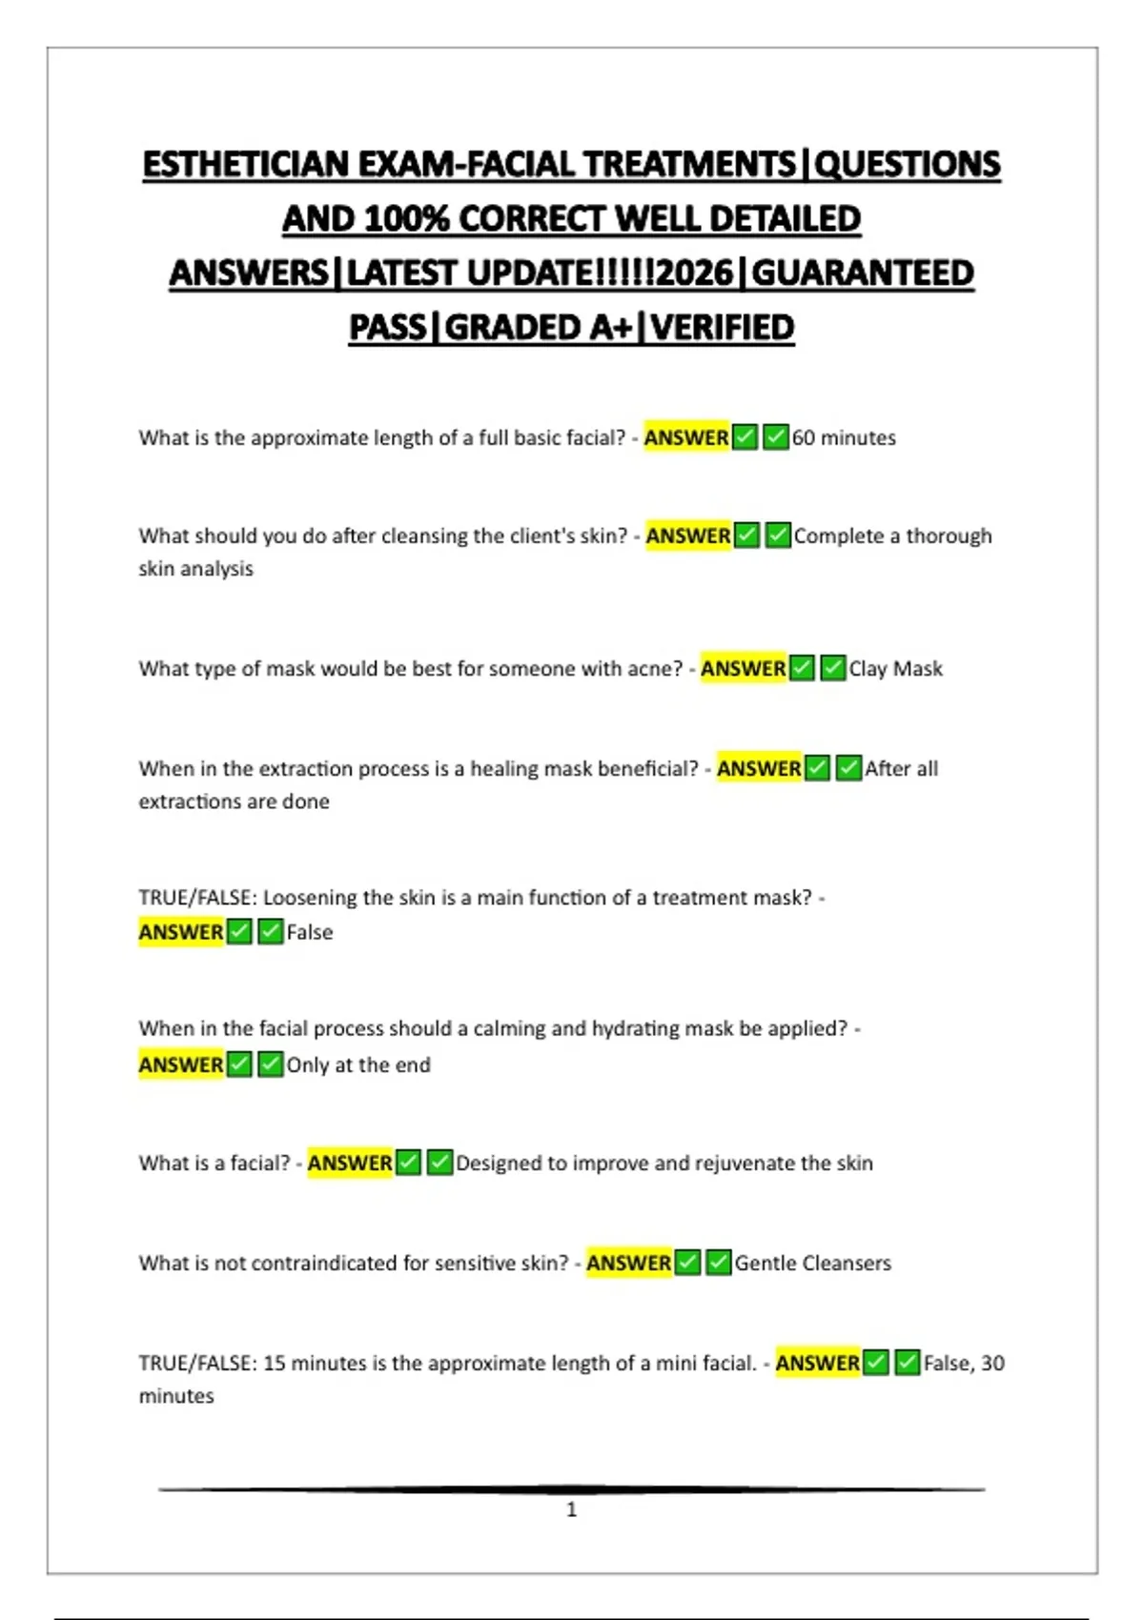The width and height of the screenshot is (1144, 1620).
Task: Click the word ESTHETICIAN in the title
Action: (x=246, y=165)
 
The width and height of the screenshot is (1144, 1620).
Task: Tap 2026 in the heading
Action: (x=695, y=273)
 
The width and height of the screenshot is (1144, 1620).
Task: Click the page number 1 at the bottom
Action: (x=571, y=1509)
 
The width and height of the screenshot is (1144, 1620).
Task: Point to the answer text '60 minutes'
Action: (x=844, y=438)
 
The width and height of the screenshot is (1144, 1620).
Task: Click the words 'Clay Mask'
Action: (x=895, y=669)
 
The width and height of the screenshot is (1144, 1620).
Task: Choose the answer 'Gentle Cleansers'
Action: (x=812, y=1264)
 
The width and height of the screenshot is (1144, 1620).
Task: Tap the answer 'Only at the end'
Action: (x=358, y=1065)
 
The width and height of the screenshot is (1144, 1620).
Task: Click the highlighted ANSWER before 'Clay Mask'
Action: (x=743, y=669)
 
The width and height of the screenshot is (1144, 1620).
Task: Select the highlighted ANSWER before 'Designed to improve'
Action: (x=349, y=1164)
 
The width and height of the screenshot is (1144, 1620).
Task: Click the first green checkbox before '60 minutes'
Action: (x=746, y=438)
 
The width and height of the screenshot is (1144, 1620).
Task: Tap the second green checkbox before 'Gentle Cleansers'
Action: (x=719, y=1264)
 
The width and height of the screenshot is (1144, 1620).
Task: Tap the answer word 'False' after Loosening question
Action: (x=310, y=933)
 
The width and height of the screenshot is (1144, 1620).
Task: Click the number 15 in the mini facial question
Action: (x=274, y=1364)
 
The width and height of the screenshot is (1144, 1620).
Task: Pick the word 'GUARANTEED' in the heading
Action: (x=863, y=273)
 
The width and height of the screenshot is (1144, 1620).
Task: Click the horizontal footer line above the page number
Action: (x=571, y=1488)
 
